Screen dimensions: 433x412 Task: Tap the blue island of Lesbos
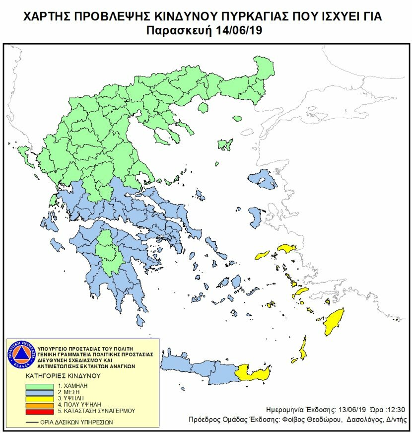point(262,180)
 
